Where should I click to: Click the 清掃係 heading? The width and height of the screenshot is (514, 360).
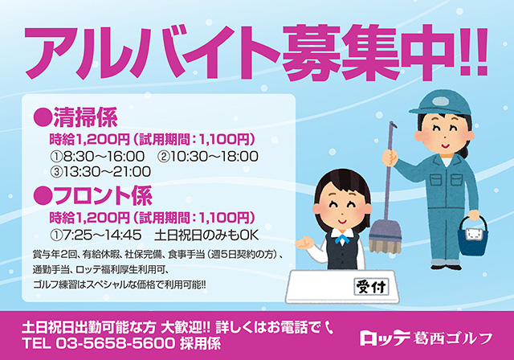point(85,117)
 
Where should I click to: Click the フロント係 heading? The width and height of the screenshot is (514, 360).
point(103,195)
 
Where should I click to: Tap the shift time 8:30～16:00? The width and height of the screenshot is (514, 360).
point(104,157)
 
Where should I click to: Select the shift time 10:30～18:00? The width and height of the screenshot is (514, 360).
point(214,157)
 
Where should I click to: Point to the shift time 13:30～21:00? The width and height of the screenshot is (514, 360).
point(107,171)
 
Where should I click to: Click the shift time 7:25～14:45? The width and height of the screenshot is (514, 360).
point(102,235)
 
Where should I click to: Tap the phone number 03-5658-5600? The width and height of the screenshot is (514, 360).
point(116,343)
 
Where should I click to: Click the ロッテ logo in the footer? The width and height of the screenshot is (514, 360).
point(385,338)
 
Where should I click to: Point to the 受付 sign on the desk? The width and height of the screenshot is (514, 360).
point(371,287)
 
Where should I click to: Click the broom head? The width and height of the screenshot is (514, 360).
point(385,237)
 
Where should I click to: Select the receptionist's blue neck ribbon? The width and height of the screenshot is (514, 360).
point(341,239)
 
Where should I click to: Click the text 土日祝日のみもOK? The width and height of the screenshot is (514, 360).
point(206,235)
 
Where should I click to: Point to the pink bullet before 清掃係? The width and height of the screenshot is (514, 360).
point(43,117)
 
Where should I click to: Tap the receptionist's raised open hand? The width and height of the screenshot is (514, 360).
point(304,243)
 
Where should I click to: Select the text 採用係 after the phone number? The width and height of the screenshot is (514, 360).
point(200,343)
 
